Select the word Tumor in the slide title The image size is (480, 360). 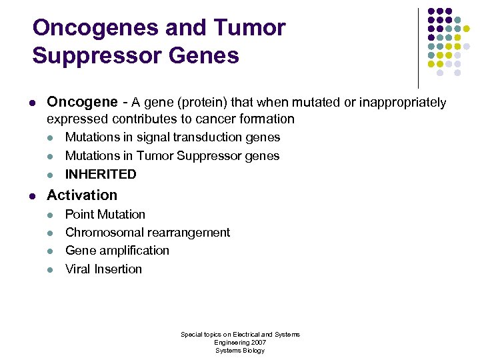pos(251,28)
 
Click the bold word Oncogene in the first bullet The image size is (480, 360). pos(82,102)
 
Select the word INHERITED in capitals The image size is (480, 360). pos(101,174)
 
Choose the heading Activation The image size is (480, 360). pos(82,195)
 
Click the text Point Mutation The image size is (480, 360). pos(105,214)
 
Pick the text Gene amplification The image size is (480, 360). pos(117,251)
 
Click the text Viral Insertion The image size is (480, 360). pos(103,269)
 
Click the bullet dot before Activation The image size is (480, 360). pos(32,196)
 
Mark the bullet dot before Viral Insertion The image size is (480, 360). pos(51,270)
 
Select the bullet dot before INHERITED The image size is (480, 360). pos(51,175)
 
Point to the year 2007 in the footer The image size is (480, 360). pos(257,342)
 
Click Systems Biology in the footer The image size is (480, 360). pos(240,350)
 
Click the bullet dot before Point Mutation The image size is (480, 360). pos(51,215)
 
